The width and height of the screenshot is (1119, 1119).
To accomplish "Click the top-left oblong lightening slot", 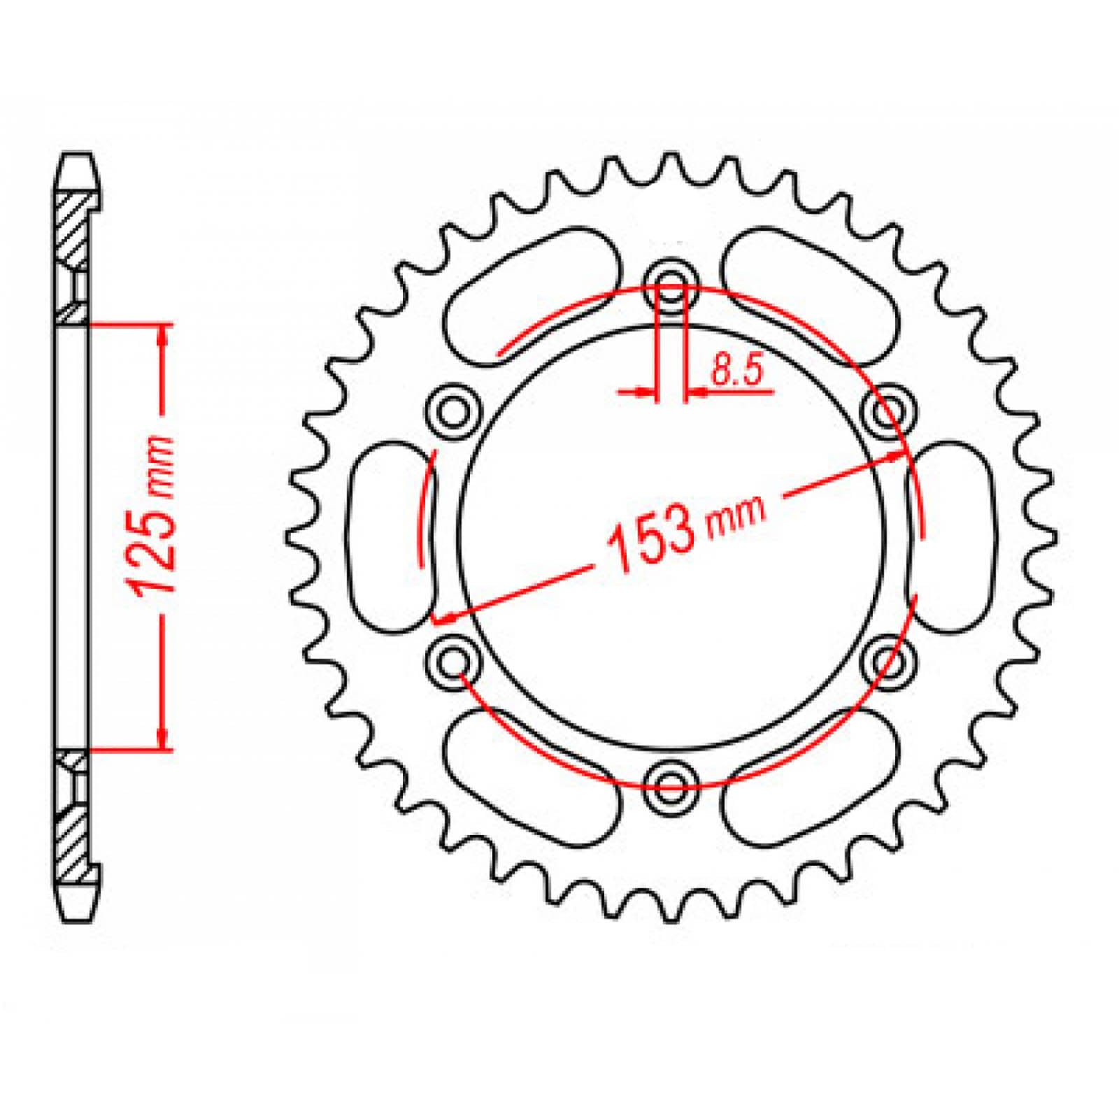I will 532,294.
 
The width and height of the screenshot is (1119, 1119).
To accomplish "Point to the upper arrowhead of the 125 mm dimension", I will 162,336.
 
